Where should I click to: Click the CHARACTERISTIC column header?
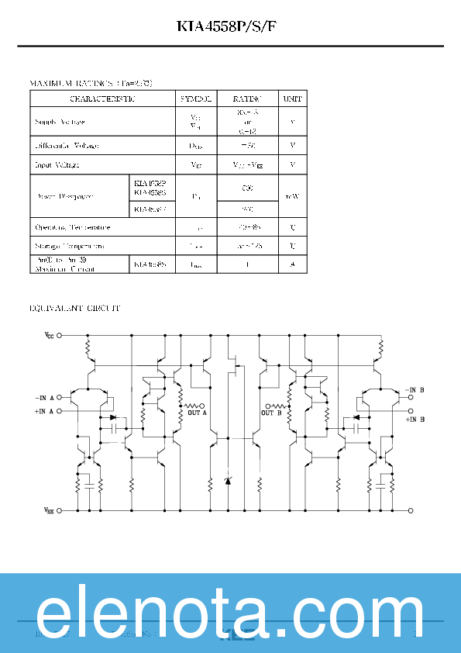click(102, 98)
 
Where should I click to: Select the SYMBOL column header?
click(196, 98)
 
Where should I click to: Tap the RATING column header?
click(247, 98)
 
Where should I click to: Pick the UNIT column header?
click(292, 98)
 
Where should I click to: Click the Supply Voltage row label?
click(60, 123)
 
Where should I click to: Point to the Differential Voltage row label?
click(67, 145)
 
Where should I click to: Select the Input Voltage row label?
click(57, 164)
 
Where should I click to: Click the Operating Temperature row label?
click(73, 228)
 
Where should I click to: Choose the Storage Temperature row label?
click(70, 246)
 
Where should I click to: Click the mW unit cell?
click(292, 196)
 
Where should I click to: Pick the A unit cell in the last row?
click(292, 264)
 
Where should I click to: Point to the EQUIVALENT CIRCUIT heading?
click(74, 309)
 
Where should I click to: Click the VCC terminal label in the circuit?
click(49, 336)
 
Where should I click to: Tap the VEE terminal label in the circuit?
click(49, 511)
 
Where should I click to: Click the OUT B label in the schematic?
click(271, 413)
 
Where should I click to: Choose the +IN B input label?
click(415, 420)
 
